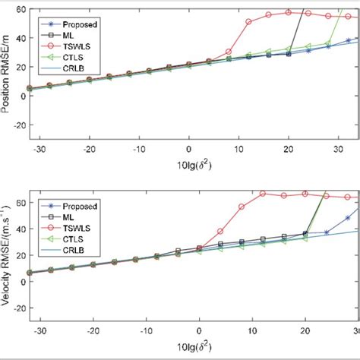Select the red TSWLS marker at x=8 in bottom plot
click(242, 207)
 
